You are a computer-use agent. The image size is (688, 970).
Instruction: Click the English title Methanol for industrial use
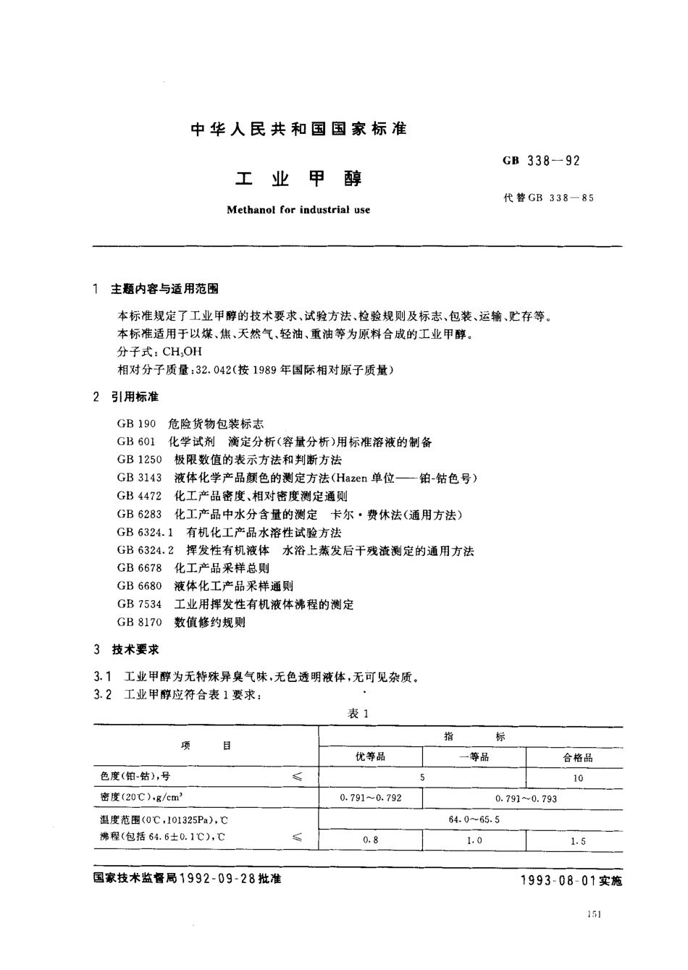click(298, 210)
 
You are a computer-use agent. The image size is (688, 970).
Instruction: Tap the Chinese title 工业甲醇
click(298, 178)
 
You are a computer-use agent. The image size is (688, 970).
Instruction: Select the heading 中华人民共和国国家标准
click(298, 130)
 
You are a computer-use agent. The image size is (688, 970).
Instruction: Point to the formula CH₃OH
click(182, 353)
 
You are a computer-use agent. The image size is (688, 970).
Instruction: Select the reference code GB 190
click(136, 424)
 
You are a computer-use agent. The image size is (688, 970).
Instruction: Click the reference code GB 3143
click(139, 478)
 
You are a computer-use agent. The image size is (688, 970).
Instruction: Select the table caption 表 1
click(358, 714)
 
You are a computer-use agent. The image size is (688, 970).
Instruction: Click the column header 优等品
click(370, 757)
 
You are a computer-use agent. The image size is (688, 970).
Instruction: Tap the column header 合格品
click(577, 758)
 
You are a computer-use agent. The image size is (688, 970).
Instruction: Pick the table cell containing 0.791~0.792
click(370, 798)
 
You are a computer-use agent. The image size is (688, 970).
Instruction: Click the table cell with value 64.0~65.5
click(474, 819)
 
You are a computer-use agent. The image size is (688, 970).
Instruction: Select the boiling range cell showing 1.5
click(577, 841)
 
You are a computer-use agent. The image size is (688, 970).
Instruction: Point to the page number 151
click(595, 914)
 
